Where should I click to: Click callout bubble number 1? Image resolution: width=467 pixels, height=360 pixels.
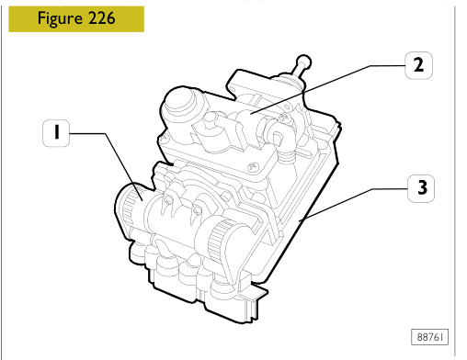tap(56, 133)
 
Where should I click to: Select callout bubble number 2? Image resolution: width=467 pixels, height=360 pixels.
tap(418, 65)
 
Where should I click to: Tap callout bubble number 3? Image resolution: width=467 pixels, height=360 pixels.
tap(421, 188)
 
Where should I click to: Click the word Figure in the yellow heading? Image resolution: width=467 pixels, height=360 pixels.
tap(60, 19)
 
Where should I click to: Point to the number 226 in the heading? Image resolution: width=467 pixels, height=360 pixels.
tap(102, 18)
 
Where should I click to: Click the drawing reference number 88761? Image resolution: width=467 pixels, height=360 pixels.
tap(429, 337)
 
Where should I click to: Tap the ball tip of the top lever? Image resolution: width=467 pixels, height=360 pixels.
tap(304, 62)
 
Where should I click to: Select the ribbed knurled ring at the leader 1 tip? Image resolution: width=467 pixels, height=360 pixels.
tap(130, 205)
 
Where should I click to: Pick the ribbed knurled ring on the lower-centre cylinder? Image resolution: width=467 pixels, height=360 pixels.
tap(219, 236)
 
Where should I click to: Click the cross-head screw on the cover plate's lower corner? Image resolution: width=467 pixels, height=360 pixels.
tap(253, 167)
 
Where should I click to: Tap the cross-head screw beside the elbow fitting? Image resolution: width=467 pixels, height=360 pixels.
tap(284, 118)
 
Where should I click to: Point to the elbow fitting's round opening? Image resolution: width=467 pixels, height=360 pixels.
tap(278, 136)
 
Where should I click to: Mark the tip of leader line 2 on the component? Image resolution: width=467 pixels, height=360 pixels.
tap(251, 114)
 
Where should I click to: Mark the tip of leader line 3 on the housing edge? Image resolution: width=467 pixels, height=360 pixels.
tap(300, 220)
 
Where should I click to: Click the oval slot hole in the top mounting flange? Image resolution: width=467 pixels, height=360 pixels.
tap(233, 89)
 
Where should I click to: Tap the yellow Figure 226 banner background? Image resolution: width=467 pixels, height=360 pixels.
tap(76, 19)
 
